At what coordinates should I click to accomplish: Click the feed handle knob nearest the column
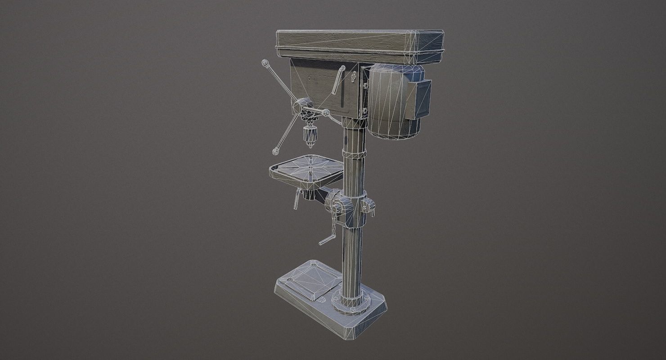click(326, 112)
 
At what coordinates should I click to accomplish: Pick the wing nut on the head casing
click(353, 79)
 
